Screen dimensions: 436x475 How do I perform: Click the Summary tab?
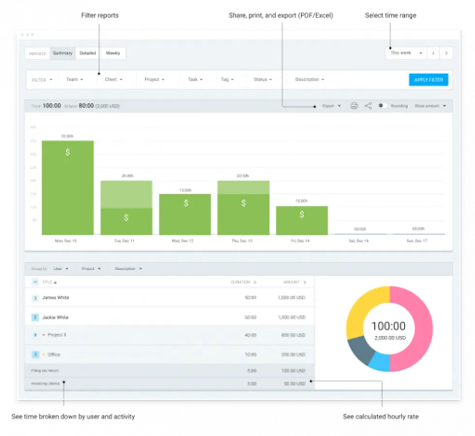point(63,53)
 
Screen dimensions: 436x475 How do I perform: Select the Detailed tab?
point(88,53)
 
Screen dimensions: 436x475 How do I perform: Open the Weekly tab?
point(113,53)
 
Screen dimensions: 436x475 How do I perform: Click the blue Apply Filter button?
point(428,80)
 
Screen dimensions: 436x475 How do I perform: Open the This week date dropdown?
point(406,53)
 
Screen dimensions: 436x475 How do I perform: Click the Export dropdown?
point(332,106)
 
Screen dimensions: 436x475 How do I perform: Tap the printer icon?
point(354,106)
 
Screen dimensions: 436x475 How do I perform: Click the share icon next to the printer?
point(368,106)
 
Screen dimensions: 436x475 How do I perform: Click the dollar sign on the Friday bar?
point(301,214)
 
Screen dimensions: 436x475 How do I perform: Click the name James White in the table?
point(55,297)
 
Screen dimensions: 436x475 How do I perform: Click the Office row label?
point(54,355)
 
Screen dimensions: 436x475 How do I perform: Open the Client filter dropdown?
point(113,79)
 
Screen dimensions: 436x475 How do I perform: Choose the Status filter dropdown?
point(263,79)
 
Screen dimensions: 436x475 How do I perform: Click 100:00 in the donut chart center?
point(389,326)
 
